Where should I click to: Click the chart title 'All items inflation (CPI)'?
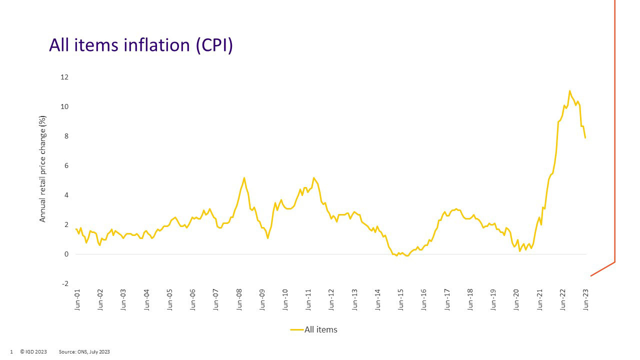click(141, 45)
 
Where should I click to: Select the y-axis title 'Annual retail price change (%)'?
click(43, 169)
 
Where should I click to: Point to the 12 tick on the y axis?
click(64, 77)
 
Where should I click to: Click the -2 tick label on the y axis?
click(64, 284)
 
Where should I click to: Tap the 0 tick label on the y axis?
click(66, 254)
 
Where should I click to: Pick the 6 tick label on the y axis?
click(66, 166)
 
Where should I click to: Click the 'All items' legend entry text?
click(320, 329)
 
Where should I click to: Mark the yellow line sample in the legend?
click(296, 329)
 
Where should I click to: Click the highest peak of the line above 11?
click(569, 91)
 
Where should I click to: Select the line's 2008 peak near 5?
click(244, 177)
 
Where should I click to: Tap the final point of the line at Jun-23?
click(585, 137)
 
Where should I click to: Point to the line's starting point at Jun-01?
click(76, 229)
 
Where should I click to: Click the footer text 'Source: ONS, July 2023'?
click(84, 352)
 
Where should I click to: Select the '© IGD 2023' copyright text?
click(33, 352)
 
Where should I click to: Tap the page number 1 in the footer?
click(11, 352)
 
